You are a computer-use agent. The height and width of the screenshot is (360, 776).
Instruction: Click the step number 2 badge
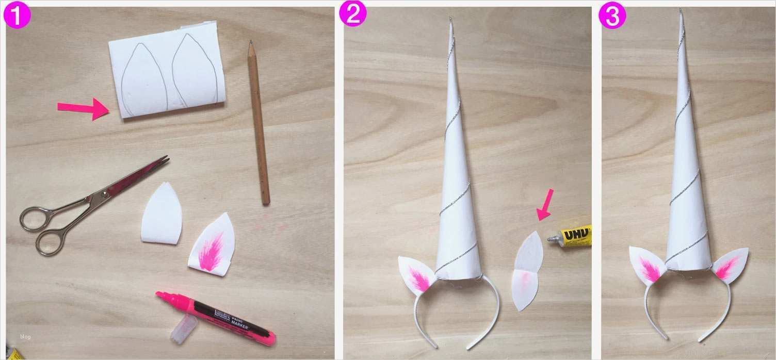352,15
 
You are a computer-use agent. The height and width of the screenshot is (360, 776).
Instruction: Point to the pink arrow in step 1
82,108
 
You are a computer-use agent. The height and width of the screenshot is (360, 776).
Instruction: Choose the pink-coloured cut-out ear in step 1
212,244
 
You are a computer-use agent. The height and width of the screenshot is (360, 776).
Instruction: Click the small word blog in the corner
25,337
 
